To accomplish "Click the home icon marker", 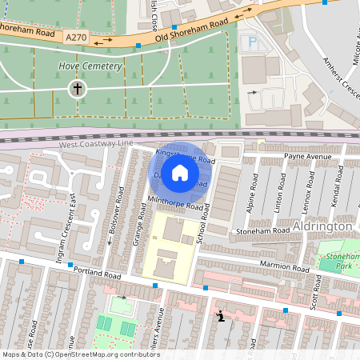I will point(180,172).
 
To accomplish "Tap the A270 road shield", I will point(76,38).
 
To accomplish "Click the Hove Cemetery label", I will point(90,66).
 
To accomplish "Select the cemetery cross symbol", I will point(78,88).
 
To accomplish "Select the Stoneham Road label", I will point(262,230).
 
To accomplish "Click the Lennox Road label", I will point(307,191).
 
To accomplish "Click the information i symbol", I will point(220,317).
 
